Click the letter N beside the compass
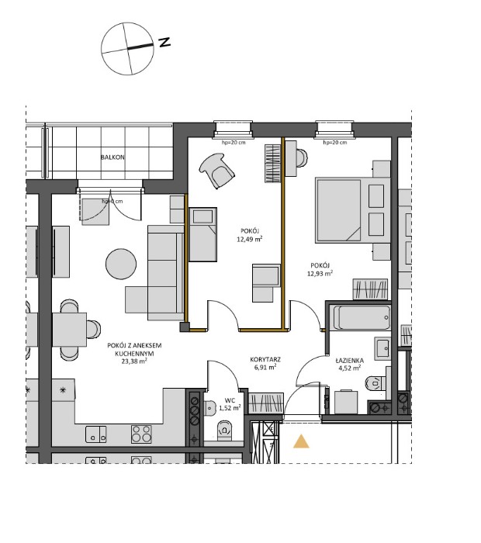164,43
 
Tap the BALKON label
112,157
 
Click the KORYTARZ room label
265,360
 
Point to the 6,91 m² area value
265,369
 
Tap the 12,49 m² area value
249,240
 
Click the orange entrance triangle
300,442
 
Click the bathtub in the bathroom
361,317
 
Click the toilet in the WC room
225,428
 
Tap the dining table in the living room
69,328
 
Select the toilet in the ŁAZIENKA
376,382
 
